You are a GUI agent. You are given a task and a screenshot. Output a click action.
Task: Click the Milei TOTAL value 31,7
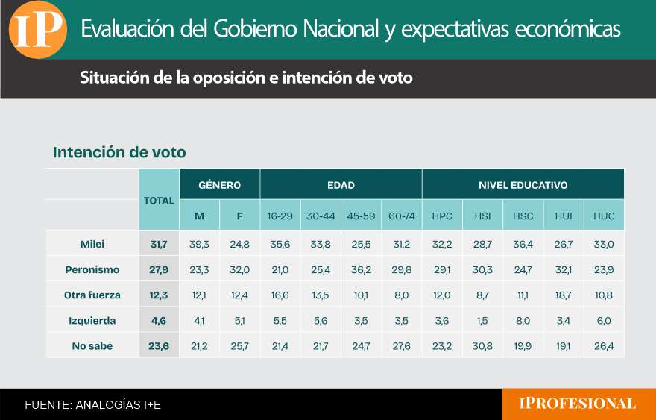point(159,244)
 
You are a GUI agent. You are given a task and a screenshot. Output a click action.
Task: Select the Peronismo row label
point(92,269)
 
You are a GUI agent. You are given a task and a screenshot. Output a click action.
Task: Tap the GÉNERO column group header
point(219,185)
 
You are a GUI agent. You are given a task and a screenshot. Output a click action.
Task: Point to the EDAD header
point(341,185)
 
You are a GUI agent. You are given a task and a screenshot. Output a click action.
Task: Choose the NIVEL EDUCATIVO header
point(523,185)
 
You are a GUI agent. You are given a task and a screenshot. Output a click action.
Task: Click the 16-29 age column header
point(280,216)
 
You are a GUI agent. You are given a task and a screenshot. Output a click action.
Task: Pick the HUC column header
point(604,216)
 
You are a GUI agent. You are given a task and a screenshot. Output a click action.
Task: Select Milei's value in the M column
point(199,244)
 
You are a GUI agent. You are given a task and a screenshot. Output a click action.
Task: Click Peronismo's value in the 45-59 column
point(361,269)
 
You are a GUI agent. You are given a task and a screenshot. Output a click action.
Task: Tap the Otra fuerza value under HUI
point(564,295)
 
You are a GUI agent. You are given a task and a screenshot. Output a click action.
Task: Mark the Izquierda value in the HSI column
point(482,320)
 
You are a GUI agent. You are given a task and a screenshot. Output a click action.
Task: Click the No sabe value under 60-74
point(401,345)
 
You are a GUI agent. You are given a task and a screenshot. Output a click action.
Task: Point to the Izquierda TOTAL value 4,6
point(159,320)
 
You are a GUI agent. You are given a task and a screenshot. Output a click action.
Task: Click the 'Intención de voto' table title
point(119,152)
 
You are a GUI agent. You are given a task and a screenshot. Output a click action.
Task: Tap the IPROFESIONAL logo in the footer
point(578,404)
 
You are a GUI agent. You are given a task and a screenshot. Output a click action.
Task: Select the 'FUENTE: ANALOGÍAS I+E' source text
point(92,405)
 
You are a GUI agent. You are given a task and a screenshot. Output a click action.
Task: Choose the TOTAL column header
point(159,200)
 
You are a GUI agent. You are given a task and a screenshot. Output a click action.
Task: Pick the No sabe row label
point(92,345)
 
